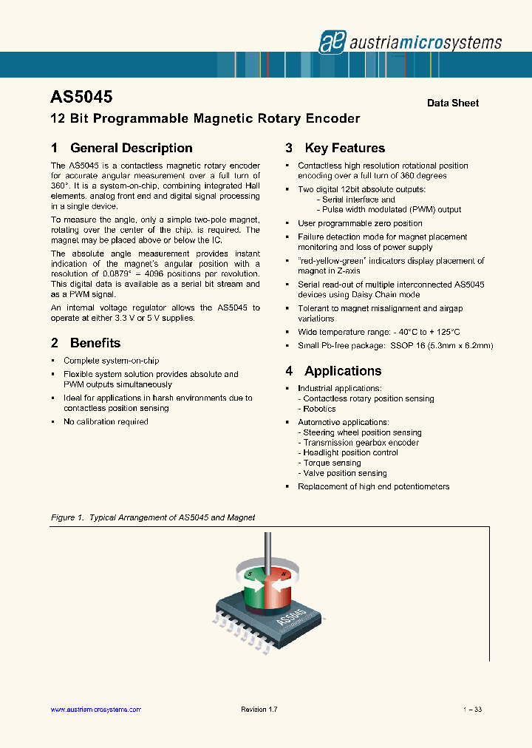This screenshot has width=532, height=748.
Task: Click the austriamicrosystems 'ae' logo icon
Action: point(332,42)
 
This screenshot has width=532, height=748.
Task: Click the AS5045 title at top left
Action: point(81,97)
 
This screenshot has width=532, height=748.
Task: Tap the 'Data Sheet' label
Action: point(452,103)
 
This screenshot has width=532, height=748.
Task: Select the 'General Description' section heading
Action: point(131,148)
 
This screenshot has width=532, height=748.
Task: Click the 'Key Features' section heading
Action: point(344,148)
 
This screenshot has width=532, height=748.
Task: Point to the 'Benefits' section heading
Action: point(95,343)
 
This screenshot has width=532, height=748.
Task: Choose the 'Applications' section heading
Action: point(343,371)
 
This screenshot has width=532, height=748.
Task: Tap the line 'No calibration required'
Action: point(106,421)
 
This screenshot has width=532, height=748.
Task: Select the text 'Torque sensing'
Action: point(331,463)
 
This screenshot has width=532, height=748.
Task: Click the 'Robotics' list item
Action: point(318,409)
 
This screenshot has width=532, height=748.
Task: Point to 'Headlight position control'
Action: point(350,453)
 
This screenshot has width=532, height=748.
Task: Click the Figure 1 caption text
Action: point(153,517)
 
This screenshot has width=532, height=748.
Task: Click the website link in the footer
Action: point(95,710)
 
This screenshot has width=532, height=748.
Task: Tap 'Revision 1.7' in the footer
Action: point(259,710)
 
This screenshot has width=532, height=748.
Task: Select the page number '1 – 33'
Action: point(472,710)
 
